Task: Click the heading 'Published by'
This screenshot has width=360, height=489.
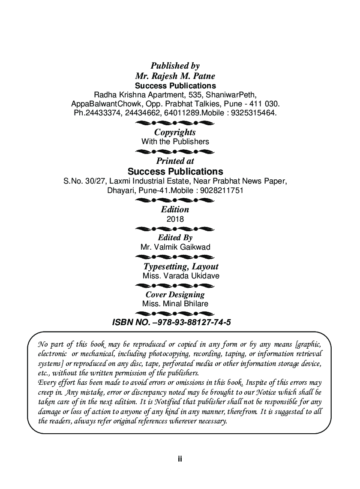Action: [175, 66]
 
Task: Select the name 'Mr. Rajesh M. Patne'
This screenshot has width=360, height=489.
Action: [175, 76]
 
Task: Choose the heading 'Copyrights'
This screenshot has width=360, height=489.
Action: [175, 132]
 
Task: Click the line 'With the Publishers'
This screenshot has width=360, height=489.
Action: [175, 141]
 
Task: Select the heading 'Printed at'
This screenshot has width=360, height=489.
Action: [175, 161]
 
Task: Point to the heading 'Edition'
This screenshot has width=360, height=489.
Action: [175, 209]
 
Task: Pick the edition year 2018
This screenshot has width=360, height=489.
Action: [175, 219]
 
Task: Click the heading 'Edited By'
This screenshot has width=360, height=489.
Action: [175, 237]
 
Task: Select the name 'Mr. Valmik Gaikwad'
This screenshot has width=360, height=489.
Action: [175, 247]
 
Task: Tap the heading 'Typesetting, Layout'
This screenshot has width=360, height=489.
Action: [180, 266]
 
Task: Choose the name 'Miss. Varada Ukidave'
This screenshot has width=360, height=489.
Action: [180, 276]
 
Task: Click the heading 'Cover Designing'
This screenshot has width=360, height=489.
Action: [175, 294]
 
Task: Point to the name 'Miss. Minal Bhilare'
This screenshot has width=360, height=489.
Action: [175, 304]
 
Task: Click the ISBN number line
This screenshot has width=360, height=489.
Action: [171, 322]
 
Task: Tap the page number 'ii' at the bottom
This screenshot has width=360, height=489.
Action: [180, 459]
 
